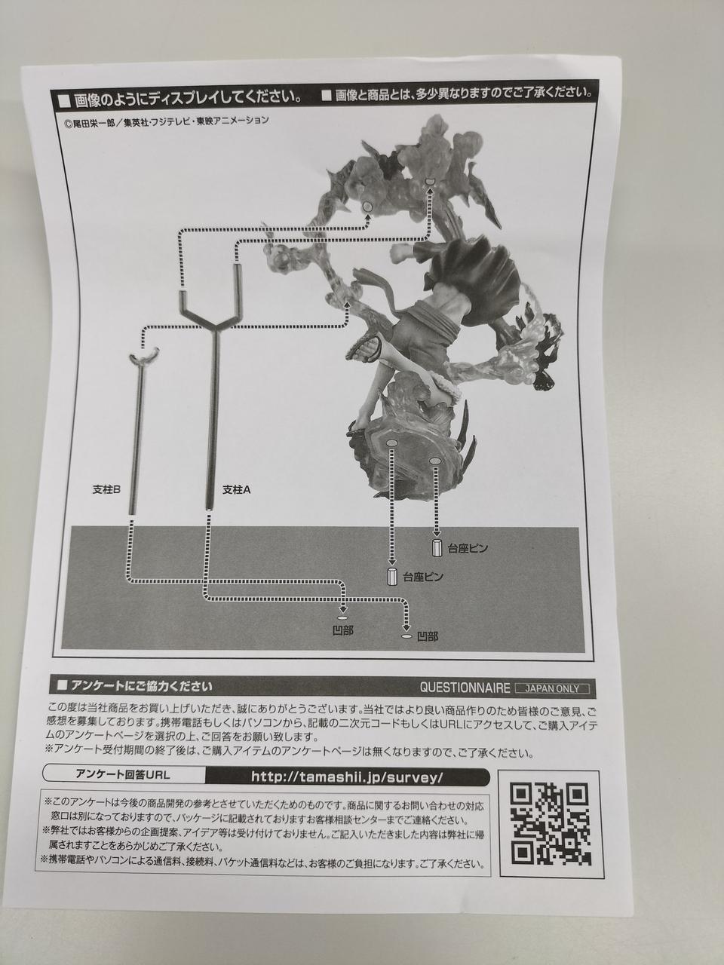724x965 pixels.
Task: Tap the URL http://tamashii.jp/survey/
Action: (347, 777)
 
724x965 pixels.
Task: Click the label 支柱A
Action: (237, 489)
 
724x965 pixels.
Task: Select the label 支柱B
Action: (106, 489)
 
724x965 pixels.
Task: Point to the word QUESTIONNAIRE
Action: (465, 688)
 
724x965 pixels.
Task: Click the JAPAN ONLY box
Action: (552, 688)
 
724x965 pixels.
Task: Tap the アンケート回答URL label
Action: (123, 774)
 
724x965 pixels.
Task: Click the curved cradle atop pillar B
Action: (144, 356)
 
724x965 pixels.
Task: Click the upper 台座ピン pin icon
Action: (436, 548)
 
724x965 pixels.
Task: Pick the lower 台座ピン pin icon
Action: (391, 577)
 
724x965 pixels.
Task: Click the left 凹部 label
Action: (343, 631)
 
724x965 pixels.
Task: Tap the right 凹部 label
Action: (427, 636)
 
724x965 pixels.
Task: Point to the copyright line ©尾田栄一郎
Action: (167, 121)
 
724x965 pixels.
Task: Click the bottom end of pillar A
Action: (208, 510)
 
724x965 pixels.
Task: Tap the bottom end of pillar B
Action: (131, 511)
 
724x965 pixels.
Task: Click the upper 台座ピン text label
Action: (468, 548)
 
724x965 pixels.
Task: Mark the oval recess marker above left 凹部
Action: (343, 617)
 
